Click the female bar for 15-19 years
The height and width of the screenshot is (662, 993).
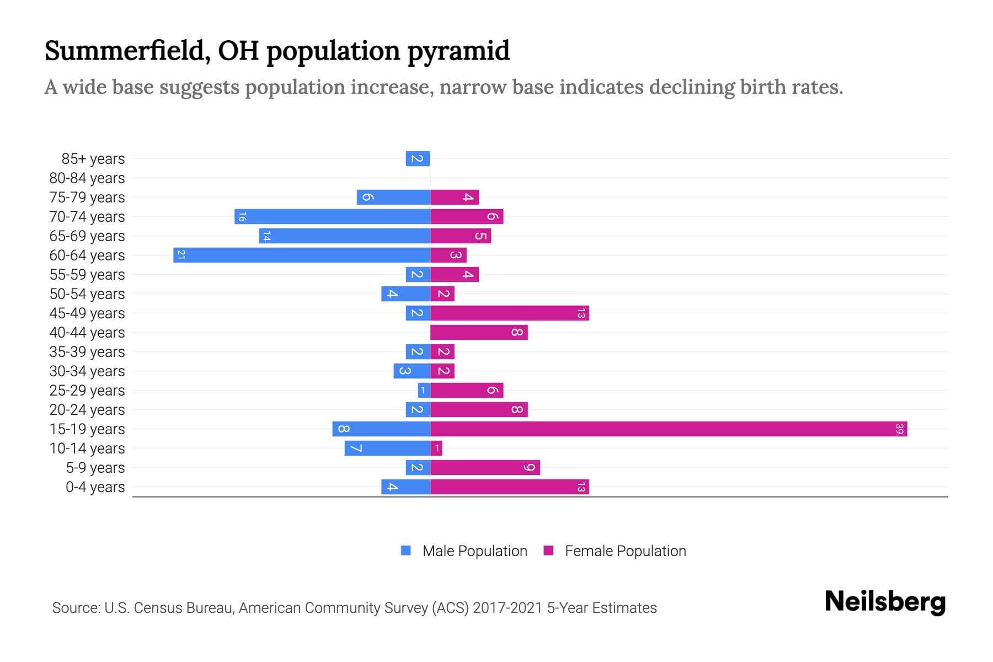pyautogui.click(x=669, y=429)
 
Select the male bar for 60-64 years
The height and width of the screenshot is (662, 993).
pyautogui.click(x=302, y=255)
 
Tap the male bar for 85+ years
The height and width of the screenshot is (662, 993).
pyautogui.click(x=418, y=158)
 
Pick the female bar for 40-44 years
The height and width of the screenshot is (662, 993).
pyautogui.click(x=479, y=332)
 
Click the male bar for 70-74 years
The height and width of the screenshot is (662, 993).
pyautogui.click(x=332, y=216)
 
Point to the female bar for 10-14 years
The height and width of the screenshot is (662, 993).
pyautogui.click(x=436, y=448)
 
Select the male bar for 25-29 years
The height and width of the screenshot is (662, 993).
pyautogui.click(x=424, y=390)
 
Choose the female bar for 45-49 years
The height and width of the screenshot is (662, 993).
pyautogui.click(x=509, y=313)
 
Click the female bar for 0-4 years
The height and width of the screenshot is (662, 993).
pyautogui.click(x=509, y=487)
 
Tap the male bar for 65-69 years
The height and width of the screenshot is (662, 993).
pyautogui.click(x=344, y=236)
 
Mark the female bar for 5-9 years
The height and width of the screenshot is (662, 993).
pyautogui.click(x=485, y=467)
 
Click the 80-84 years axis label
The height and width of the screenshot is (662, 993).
pyautogui.click(x=87, y=178)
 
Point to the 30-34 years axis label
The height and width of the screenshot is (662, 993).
pyautogui.click(x=87, y=371)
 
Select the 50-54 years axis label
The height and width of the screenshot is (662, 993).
pyautogui.click(x=87, y=294)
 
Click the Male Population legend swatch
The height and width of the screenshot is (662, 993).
pyautogui.click(x=406, y=551)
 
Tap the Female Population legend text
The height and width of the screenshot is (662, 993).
pyautogui.click(x=625, y=551)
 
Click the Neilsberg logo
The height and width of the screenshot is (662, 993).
pyautogui.click(x=885, y=602)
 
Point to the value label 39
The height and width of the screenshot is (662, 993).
pyautogui.click(x=900, y=429)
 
